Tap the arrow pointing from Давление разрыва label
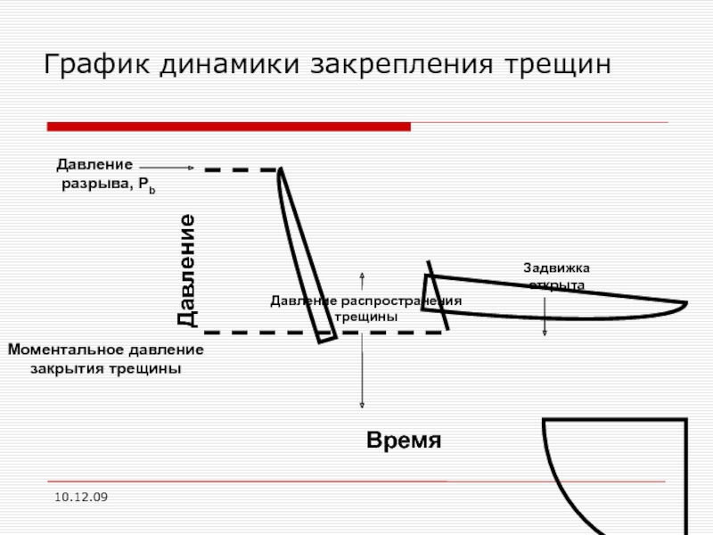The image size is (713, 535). [167, 167]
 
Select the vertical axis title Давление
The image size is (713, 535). [186, 270]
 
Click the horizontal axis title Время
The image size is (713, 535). [404, 441]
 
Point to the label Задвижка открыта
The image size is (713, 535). [557, 276]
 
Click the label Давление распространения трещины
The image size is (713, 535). [365, 309]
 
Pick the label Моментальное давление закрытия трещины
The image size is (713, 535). [106, 358]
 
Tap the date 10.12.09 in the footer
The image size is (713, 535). [80, 495]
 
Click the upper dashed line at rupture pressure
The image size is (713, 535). [241, 169]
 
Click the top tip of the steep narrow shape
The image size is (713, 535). [281, 170]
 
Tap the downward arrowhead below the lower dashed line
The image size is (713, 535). [362, 406]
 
